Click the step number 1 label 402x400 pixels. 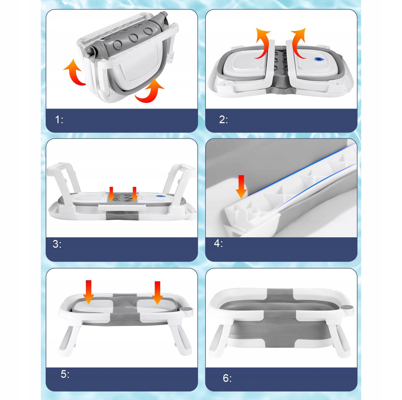click(59, 120)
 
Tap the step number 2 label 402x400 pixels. click(223, 120)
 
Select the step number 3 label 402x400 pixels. click(57, 244)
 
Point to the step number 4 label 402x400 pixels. click(218, 243)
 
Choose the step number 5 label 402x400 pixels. click(65, 374)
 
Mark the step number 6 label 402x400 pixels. click(227, 378)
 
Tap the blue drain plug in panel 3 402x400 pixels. click(160, 196)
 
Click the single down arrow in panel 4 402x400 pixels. click(241, 187)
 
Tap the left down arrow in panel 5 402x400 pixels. click(89, 292)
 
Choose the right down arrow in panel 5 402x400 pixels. click(157, 293)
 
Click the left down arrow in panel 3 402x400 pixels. click(111, 194)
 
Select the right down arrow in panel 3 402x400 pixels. click(135, 194)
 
